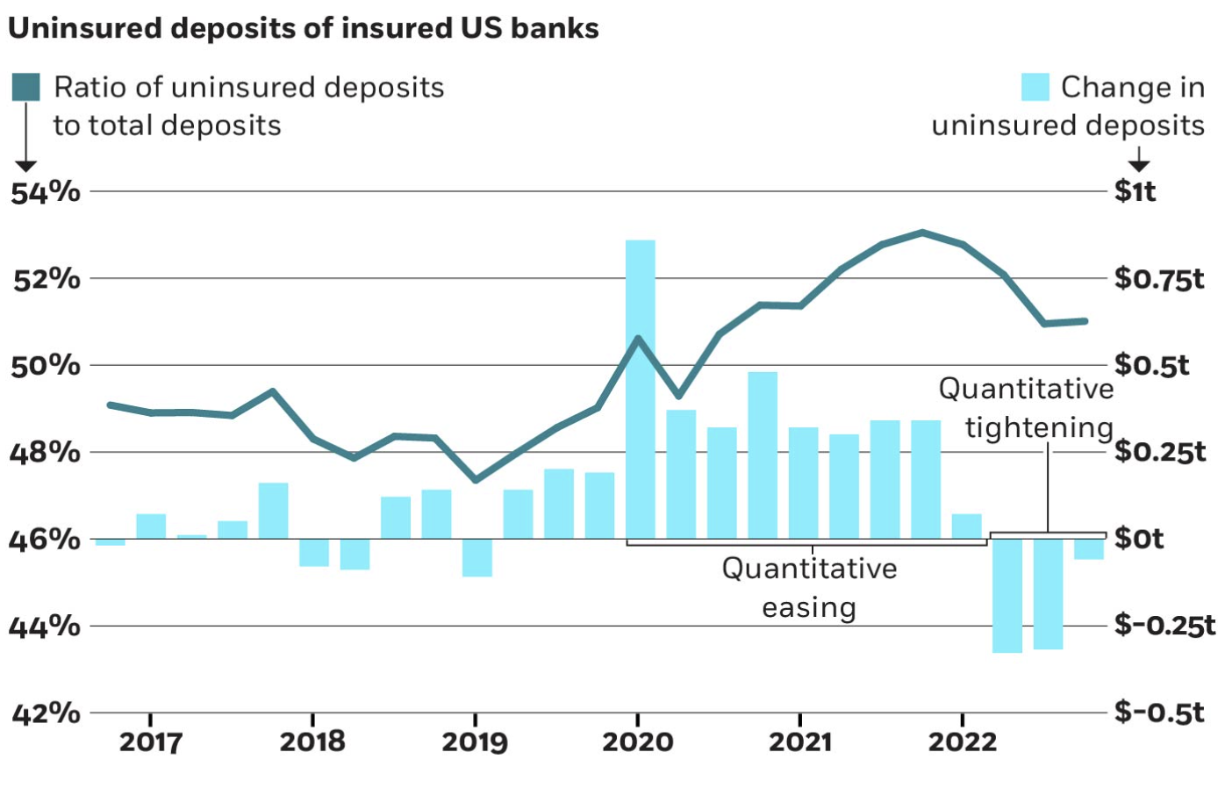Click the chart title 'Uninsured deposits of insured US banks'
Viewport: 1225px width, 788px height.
point(303,28)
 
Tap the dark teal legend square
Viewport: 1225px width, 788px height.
point(25,87)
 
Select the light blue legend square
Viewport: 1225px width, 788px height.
point(1035,87)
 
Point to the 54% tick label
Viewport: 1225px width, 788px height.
point(46,192)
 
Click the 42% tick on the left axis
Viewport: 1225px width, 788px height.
point(46,713)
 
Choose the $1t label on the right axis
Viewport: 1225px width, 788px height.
point(1135,191)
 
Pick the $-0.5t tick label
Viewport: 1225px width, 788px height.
point(1159,712)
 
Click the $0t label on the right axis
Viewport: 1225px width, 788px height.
point(1138,538)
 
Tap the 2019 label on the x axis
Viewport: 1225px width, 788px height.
point(475,742)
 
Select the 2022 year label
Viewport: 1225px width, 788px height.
point(963,742)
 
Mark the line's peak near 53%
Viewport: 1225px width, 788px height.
point(922,233)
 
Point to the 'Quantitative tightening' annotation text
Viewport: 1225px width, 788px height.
point(1027,408)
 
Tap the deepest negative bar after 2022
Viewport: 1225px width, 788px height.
point(1007,596)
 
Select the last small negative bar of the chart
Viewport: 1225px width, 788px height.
point(1089,548)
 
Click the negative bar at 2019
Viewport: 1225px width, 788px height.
point(477,557)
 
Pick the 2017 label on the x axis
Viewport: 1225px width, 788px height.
point(150,742)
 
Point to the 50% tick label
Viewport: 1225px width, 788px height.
point(46,365)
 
